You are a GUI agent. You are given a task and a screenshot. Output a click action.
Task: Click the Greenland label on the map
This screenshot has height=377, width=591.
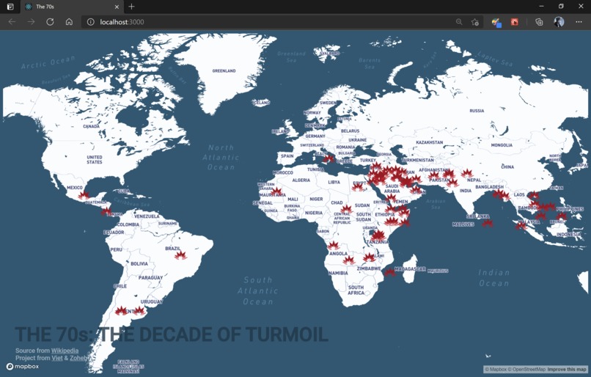[x=224, y=71]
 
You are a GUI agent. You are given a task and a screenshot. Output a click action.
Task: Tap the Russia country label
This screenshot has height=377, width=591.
[x=477, y=111]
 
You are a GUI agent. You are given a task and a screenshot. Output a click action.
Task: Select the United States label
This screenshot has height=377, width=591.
[x=95, y=159]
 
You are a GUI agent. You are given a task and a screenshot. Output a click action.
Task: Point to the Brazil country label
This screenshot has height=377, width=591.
[x=173, y=249]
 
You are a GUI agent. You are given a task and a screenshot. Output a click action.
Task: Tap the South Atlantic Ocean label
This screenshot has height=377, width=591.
[x=258, y=290]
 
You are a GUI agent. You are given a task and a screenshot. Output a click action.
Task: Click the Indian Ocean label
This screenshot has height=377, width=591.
[x=493, y=277]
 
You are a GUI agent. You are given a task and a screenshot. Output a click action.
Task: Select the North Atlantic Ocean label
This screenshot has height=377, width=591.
[x=221, y=157]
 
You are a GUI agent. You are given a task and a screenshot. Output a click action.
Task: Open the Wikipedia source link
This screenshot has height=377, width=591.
[x=65, y=351]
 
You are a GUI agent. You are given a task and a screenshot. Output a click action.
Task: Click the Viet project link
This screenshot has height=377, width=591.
[x=56, y=358]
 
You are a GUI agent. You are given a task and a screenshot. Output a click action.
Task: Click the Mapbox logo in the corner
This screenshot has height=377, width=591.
[x=22, y=366]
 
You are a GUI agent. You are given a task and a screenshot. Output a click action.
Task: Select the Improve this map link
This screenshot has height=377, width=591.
[x=567, y=370]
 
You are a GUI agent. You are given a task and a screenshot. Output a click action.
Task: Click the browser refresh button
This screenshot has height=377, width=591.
[x=50, y=22]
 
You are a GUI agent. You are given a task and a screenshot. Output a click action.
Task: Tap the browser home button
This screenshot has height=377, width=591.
[x=69, y=22]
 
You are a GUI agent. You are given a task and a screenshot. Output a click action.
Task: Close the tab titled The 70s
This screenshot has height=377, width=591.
[x=117, y=7]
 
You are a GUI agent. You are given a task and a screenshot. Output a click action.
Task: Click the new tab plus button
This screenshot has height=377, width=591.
[x=132, y=7]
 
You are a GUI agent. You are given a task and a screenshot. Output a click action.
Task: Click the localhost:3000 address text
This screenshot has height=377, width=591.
[x=122, y=22]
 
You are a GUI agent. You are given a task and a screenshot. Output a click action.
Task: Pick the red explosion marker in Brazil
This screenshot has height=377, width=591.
[x=180, y=255]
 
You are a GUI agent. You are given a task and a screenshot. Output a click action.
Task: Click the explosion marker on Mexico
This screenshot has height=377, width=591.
[x=84, y=195]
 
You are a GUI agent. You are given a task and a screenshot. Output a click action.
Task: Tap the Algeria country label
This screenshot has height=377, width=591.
[x=301, y=180]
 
